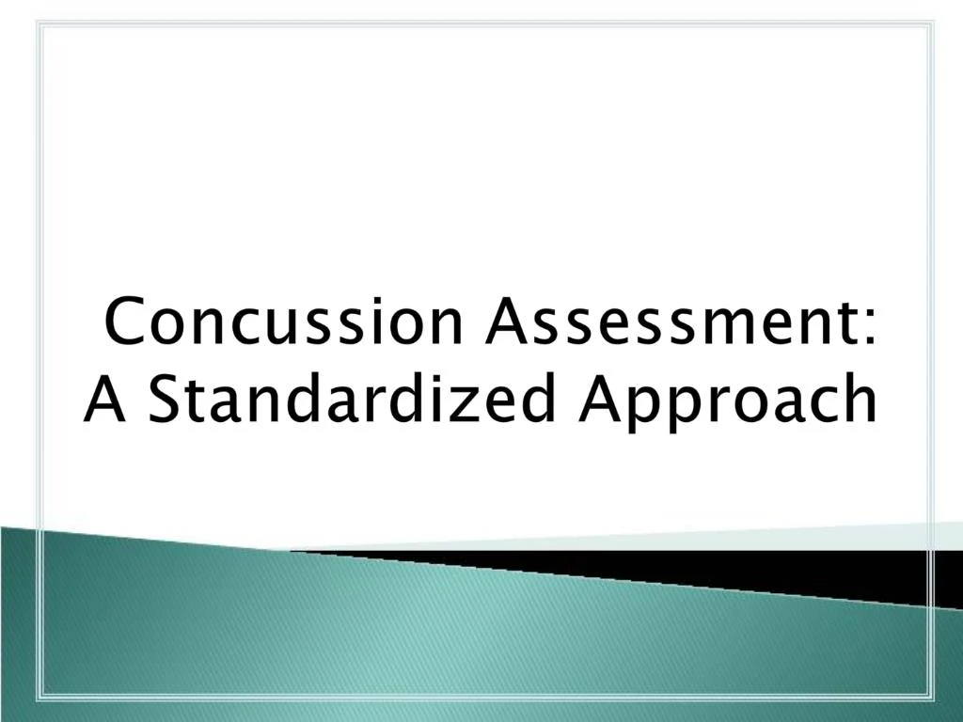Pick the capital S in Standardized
[x=166, y=399]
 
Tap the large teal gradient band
[x=376, y=639]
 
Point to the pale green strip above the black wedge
[x=752, y=537]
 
